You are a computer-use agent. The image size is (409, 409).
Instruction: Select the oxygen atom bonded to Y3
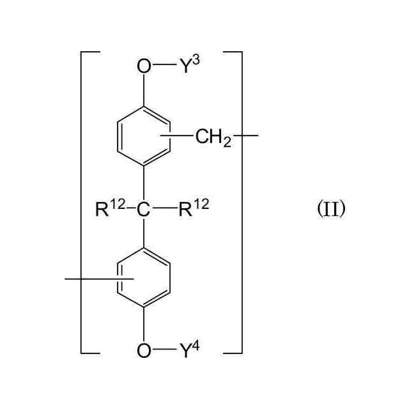pos(144,66)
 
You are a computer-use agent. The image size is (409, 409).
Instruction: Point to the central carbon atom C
pos(144,210)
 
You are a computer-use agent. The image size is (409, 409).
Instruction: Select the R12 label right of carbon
pos(194,208)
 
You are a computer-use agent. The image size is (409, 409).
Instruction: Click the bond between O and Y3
pos(165,66)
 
